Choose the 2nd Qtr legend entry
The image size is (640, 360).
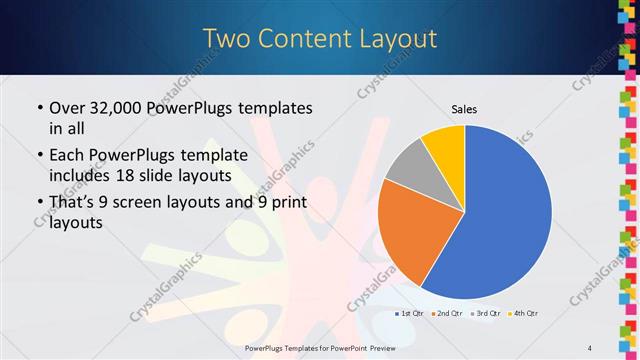coord(446,314)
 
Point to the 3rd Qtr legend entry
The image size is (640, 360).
coord(485,314)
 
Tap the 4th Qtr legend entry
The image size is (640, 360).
coord(523,314)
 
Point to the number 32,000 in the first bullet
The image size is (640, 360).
coord(114,108)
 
